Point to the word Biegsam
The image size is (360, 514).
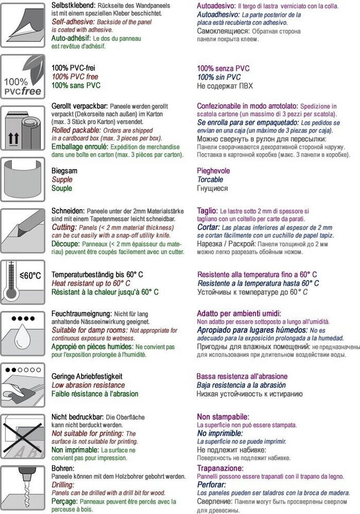tap(64, 171)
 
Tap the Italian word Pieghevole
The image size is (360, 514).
tap(214, 171)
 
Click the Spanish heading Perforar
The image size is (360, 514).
tap(212, 485)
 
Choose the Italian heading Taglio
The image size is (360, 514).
tap(207, 211)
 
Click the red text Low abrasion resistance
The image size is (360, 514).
tap(88, 385)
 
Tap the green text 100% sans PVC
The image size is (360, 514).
tap(76, 86)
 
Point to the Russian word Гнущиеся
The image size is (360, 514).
tap(213, 188)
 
